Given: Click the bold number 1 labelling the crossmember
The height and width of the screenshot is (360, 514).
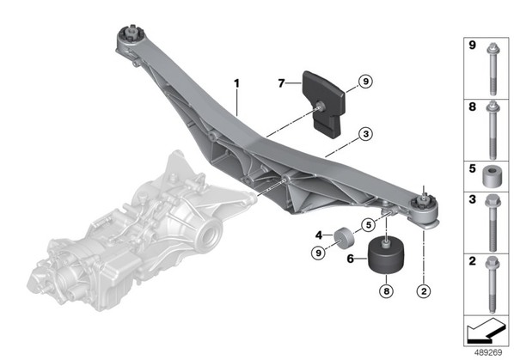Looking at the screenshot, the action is (236, 83).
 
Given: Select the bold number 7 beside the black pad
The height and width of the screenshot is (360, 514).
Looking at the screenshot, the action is (281, 83).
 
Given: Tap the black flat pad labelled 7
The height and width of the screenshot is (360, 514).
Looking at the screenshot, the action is (323, 104).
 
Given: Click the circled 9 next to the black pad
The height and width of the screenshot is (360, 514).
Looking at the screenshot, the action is (366, 81).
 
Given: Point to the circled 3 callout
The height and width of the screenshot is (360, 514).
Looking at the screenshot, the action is (366, 134).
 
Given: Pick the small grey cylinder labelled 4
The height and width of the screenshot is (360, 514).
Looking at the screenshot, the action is (344, 238).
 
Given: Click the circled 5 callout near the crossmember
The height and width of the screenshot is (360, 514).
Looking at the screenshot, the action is (369, 225).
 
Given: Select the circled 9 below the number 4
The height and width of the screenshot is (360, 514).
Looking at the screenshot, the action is (318, 253).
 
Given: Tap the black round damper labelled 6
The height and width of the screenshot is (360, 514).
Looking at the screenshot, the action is (386, 255).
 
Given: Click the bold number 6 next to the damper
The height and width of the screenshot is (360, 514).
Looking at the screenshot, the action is (351, 259).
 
